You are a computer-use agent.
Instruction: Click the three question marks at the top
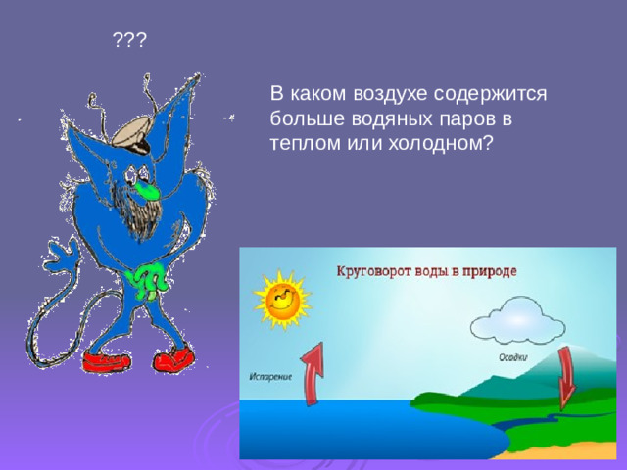click(x=129, y=40)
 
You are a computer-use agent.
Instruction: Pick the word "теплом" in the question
click(x=301, y=142)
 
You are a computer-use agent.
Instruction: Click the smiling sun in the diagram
click(x=281, y=298)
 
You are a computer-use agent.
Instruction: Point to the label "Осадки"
click(x=509, y=358)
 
